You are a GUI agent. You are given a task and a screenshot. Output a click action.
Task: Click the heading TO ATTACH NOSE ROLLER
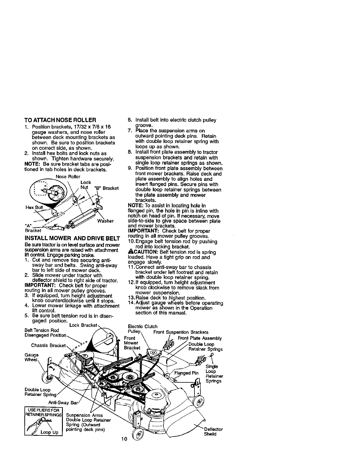(60, 120)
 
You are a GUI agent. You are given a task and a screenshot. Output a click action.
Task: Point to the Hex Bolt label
(35, 207)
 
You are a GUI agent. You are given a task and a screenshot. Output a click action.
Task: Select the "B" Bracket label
(106, 188)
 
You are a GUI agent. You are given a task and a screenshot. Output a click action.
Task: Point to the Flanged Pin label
(186, 373)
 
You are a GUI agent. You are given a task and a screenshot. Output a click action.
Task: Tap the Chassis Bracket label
(48, 345)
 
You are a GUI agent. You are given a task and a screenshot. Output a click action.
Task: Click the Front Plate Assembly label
(199, 338)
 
